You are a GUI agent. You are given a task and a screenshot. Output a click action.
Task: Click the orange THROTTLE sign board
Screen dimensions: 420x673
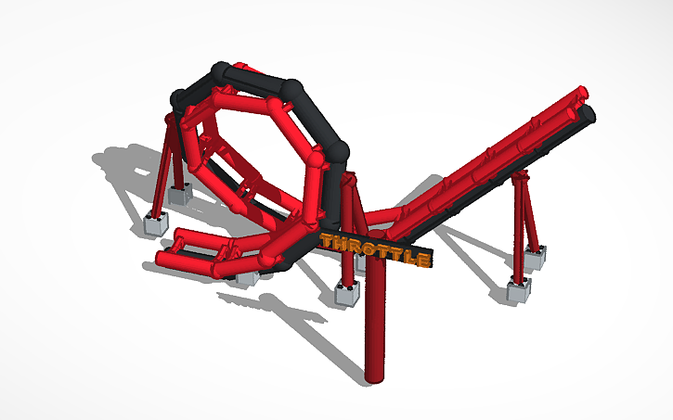coord(375,250)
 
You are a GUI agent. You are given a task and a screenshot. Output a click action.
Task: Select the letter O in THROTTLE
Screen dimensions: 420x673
coord(369,249)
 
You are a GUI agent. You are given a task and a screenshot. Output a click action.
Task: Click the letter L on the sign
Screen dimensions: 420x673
coord(409,258)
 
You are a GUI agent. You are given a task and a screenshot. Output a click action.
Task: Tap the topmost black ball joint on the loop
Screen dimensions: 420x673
coord(221,70)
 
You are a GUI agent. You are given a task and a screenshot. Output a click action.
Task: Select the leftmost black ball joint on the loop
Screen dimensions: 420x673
coord(179,95)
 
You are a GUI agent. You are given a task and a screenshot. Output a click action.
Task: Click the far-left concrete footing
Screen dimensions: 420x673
coord(157,223)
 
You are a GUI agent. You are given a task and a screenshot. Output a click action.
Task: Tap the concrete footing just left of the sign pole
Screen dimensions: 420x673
coord(346,295)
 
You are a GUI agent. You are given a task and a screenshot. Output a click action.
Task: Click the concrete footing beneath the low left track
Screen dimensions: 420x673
coord(247,275)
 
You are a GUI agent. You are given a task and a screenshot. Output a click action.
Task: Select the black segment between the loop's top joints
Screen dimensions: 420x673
coord(258,79)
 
